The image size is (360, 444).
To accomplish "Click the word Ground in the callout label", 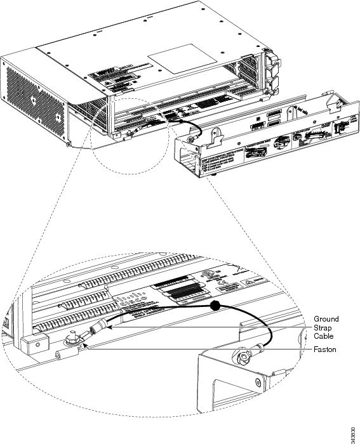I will pyautogui.click(x=326, y=318).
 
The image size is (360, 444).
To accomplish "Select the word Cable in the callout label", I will pyautogui.click(x=323, y=336).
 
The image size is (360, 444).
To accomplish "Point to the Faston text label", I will pyautogui.click(x=325, y=349).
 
